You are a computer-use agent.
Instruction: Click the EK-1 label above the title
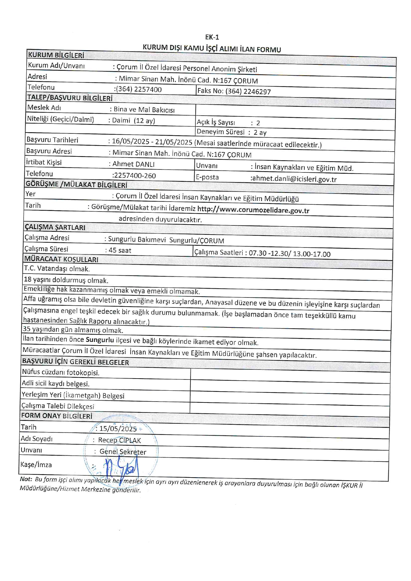(212, 37)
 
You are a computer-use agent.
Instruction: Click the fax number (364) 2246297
(248, 91)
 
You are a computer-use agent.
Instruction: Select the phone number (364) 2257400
(139, 89)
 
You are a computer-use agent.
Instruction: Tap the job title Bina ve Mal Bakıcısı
(144, 110)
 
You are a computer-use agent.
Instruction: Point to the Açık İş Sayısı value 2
(258, 123)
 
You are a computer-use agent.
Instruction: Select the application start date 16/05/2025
(131, 141)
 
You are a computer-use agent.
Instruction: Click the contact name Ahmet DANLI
(133, 164)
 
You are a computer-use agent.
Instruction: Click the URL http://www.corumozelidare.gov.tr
(253, 210)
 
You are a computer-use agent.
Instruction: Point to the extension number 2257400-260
(134, 176)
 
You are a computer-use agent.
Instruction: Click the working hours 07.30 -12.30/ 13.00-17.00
(290, 254)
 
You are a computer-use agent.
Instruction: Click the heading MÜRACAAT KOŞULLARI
(61, 259)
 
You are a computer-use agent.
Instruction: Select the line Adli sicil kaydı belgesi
(56, 384)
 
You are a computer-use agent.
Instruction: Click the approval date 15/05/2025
(118, 428)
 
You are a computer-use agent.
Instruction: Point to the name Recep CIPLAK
(119, 440)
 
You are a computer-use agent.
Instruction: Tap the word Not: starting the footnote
(26, 479)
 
